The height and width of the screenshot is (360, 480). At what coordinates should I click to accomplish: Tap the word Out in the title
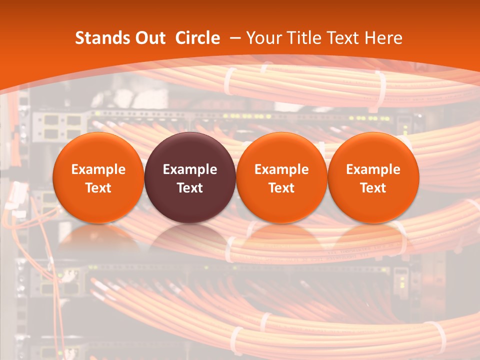tap(148, 38)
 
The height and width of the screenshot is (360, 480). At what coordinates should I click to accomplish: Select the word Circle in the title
tap(197, 38)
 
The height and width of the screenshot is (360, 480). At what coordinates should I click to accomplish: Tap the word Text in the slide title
tap(344, 38)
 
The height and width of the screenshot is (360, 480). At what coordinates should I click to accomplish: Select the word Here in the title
tap(384, 38)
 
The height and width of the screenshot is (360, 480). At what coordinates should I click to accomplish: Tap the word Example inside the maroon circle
tap(190, 169)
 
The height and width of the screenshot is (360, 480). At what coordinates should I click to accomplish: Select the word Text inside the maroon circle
tap(190, 188)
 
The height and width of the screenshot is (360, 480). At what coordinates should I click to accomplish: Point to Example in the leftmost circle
tap(98, 169)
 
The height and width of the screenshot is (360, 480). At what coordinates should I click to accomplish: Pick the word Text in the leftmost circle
tap(98, 188)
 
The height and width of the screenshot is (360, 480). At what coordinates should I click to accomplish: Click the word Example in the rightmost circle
tap(373, 169)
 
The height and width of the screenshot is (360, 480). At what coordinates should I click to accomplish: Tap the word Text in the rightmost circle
tap(373, 188)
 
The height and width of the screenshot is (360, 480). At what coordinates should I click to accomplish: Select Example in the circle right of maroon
tap(281, 169)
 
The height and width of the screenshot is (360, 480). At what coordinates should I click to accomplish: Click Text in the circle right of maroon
tap(281, 188)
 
